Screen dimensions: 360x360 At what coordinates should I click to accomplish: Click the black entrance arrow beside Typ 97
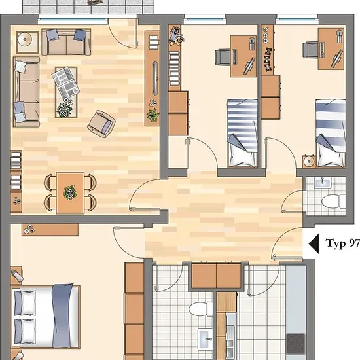click(x=315, y=244)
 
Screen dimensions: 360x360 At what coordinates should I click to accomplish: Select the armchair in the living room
click(x=101, y=124)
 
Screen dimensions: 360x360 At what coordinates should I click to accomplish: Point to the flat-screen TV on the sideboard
click(x=155, y=79)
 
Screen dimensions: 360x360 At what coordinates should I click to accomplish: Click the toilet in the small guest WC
click(x=334, y=202)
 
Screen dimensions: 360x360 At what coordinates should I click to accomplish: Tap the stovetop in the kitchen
click(x=296, y=344)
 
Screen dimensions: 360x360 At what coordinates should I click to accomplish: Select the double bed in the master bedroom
click(x=46, y=316)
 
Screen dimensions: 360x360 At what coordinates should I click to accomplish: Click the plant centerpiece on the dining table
click(x=70, y=192)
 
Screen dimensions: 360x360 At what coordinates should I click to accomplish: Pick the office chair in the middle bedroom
click(x=223, y=58)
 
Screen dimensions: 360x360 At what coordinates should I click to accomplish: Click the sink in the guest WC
click(x=323, y=183)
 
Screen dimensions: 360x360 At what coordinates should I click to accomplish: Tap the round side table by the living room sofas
click(x=27, y=42)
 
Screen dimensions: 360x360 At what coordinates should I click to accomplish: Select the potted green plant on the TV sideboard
click(x=153, y=115)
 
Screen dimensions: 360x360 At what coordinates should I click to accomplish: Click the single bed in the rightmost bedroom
click(x=331, y=133)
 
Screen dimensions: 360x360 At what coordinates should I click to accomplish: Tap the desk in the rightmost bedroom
click(x=331, y=49)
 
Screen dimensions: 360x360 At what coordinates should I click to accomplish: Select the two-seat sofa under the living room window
click(x=66, y=42)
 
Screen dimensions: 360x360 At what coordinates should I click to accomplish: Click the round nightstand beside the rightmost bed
click(x=309, y=162)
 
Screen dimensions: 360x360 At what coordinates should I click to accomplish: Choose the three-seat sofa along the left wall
click(x=26, y=92)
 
